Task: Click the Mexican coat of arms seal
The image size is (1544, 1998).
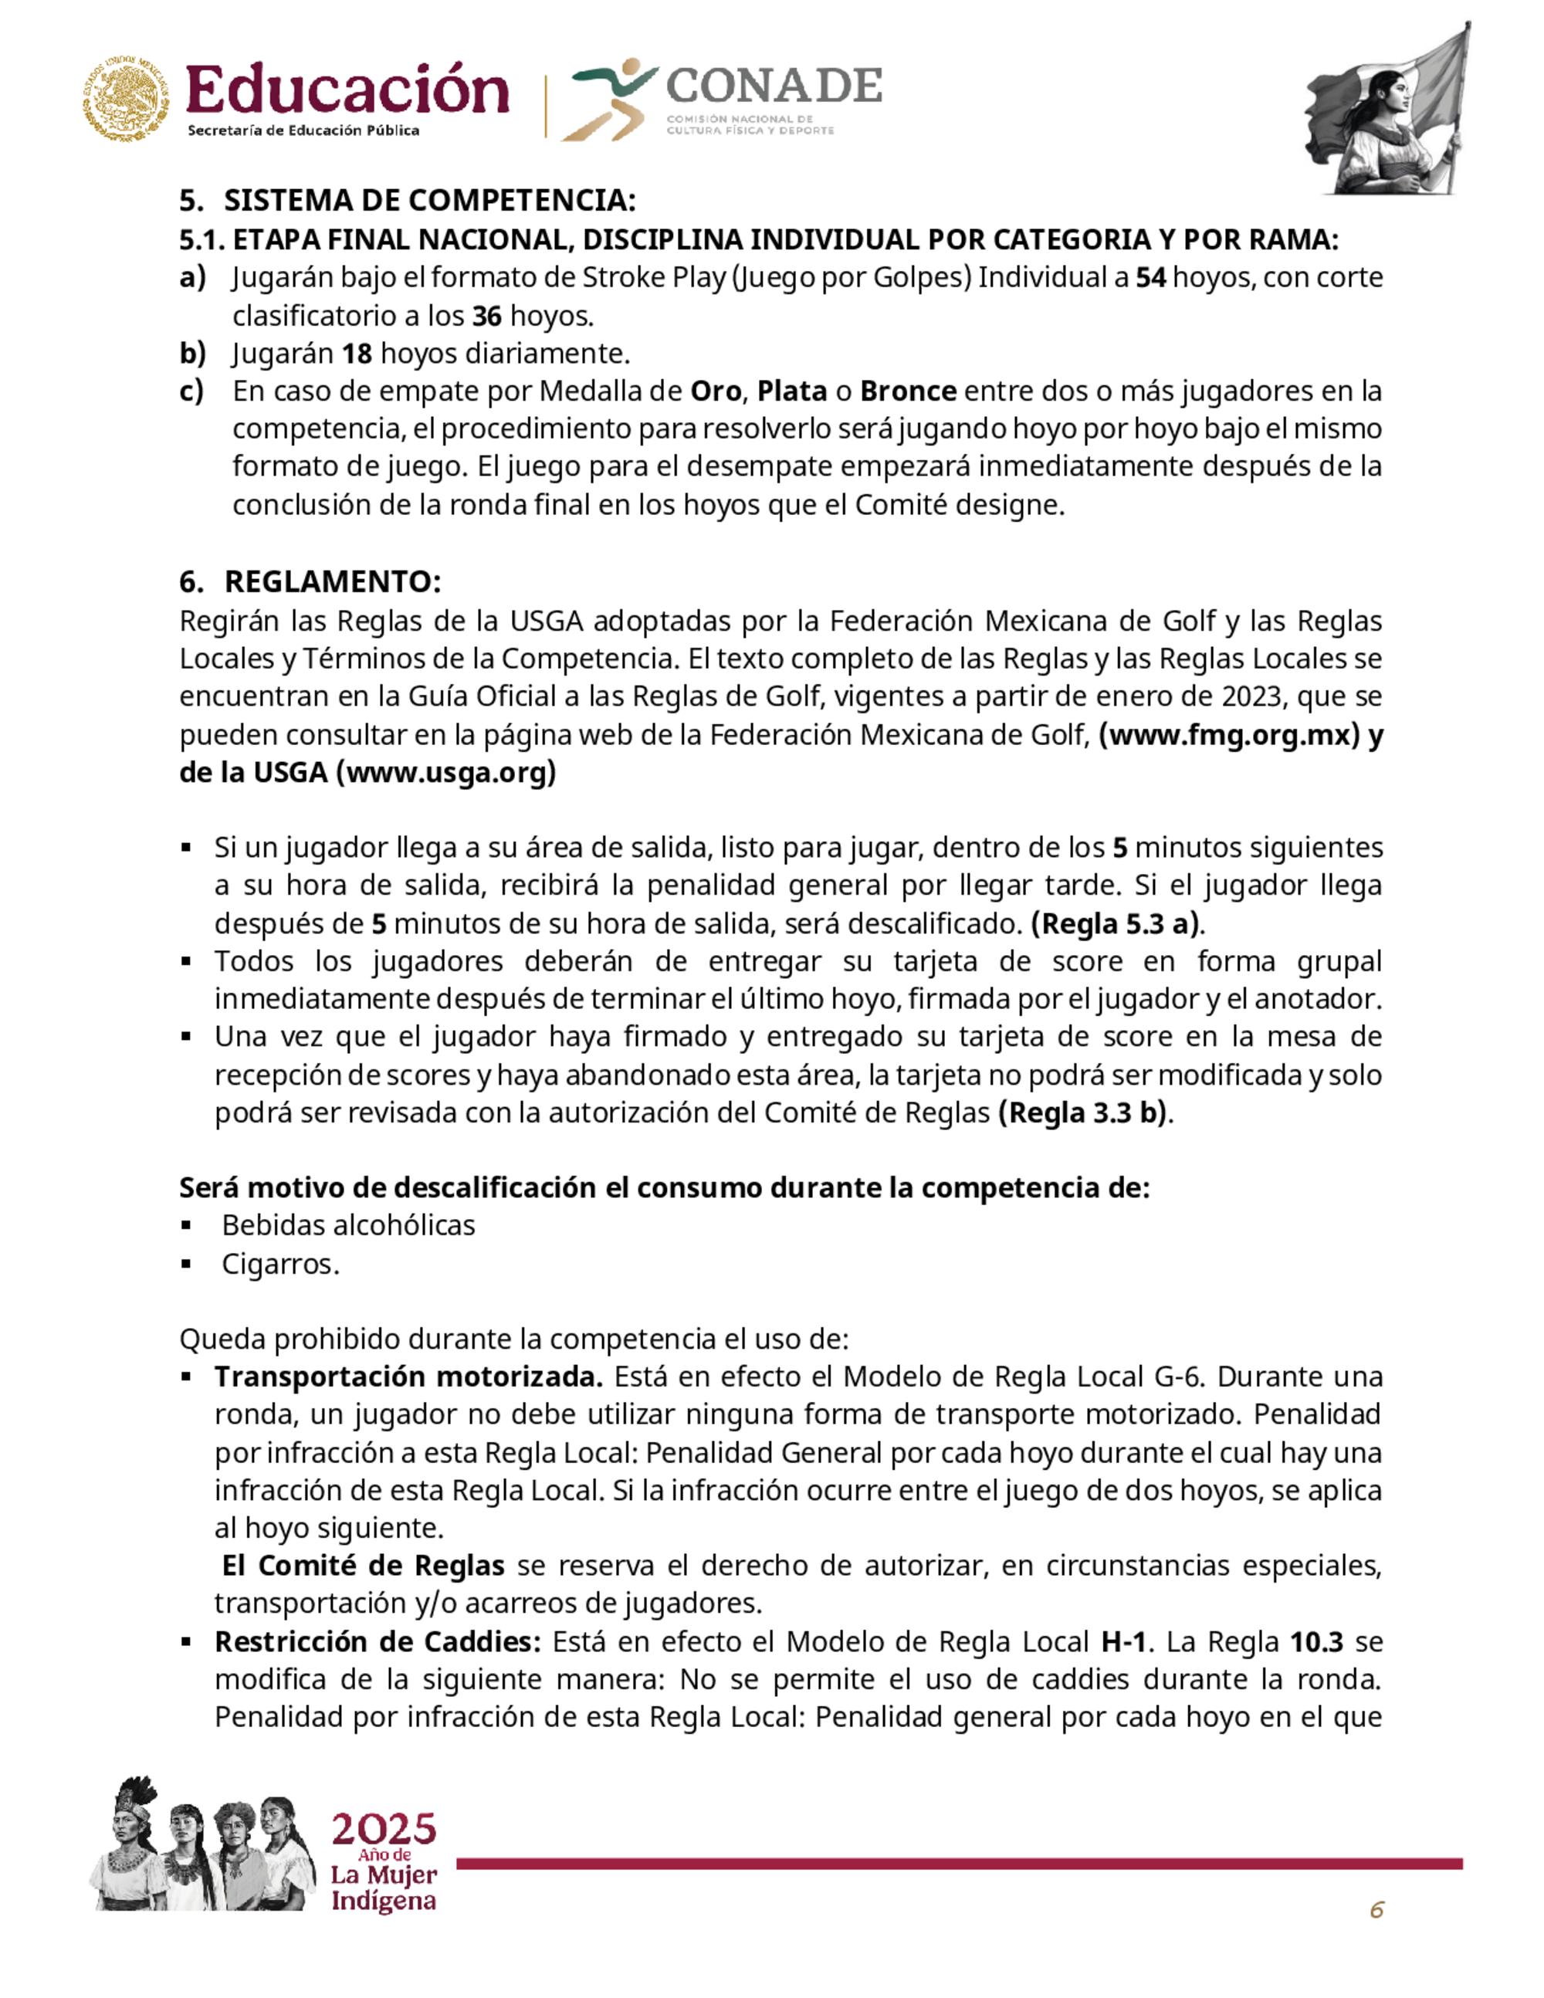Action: (127, 100)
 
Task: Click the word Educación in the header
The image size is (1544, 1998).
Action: (347, 91)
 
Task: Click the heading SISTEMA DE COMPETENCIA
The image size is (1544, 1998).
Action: (429, 201)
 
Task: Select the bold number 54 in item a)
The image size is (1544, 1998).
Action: (1151, 277)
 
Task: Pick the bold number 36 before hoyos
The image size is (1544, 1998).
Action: (486, 316)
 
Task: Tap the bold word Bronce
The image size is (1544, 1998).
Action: (909, 391)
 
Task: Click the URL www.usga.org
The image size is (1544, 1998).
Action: (446, 772)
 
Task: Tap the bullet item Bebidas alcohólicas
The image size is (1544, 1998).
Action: (348, 1225)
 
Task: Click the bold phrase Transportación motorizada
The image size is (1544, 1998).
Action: (408, 1376)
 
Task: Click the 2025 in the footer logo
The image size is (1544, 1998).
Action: (383, 1829)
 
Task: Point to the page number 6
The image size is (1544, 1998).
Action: (1376, 1909)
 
